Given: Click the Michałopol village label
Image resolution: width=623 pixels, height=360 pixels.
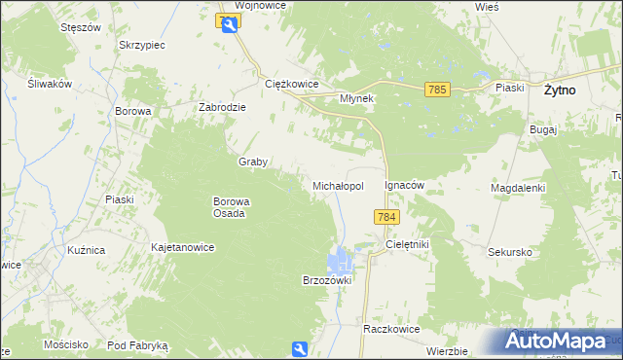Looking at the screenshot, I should (x=338, y=185).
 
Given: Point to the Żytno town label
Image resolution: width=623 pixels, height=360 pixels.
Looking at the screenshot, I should (x=559, y=90).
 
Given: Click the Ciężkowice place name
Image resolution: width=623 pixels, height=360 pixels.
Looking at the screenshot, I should (x=293, y=84).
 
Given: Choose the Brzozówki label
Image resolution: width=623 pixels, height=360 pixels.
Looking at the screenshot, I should (x=326, y=279).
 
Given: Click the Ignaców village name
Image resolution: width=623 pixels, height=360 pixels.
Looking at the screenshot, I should (x=406, y=184).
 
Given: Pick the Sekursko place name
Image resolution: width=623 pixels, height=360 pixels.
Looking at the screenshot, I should (x=509, y=251).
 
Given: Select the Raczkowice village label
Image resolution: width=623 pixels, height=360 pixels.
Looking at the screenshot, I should (x=391, y=329).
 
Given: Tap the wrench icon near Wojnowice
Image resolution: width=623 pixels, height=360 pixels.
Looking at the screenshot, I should (x=230, y=26).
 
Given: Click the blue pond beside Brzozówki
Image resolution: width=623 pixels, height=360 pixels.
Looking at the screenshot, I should (x=340, y=260).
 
